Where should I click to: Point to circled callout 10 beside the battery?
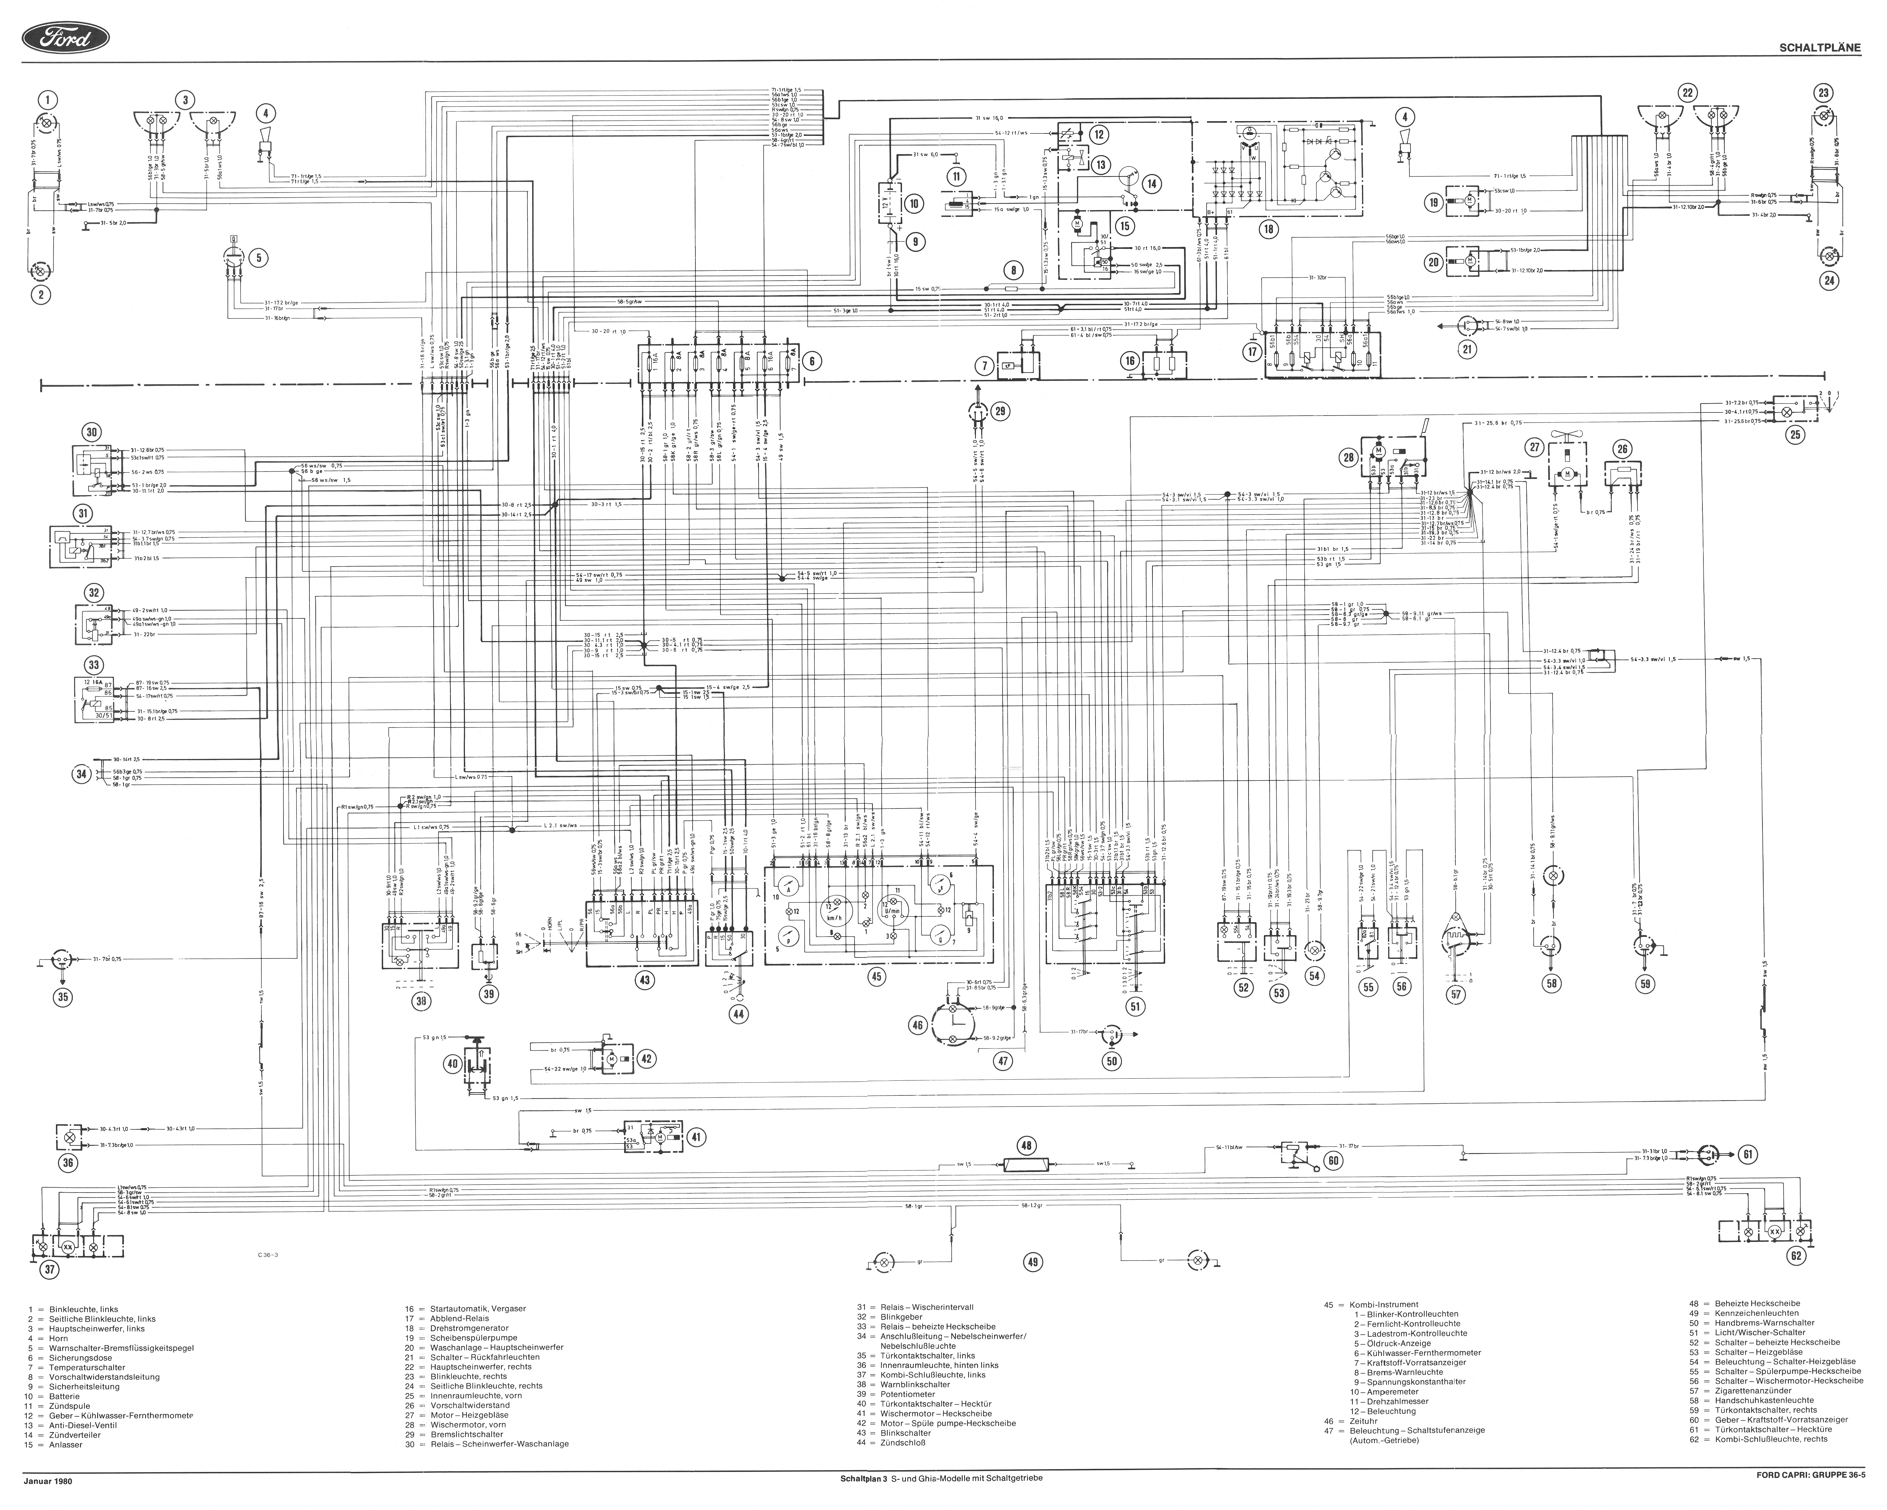pyautogui.click(x=914, y=204)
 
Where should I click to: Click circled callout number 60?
pyautogui.click(x=1333, y=1161)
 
